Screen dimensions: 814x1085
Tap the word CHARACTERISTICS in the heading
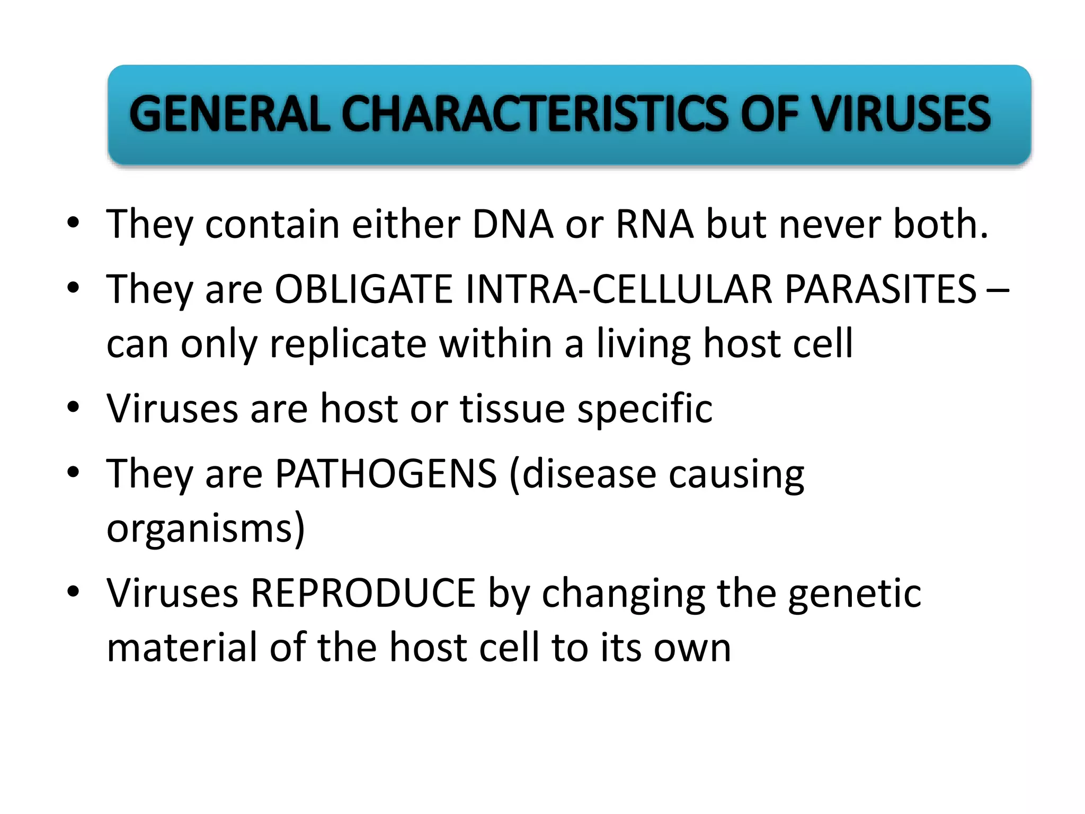(534, 114)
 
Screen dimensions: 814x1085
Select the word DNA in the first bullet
(512, 224)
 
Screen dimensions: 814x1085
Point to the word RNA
(654, 224)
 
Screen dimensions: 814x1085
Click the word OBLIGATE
(363, 289)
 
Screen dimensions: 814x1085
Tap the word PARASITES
(880, 289)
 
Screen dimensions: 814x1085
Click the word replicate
(348, 344)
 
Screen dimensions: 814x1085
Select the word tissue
(512, 409)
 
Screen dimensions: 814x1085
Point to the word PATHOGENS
(386, 473)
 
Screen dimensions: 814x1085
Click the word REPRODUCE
(363, 593)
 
